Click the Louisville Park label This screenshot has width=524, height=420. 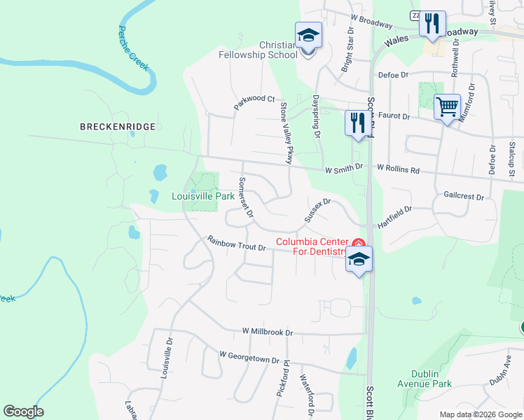[203, 197]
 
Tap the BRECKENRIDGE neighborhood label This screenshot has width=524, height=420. [117, 127]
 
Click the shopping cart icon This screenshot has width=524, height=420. [447, 108]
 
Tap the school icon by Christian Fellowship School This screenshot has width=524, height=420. [308, 35]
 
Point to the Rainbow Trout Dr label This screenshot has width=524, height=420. [237, 244]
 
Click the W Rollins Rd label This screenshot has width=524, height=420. [398, 169]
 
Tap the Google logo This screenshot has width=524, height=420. [24, 412]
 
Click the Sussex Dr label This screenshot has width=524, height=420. [317, 210]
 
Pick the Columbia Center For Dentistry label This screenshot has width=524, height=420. [312, 247]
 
